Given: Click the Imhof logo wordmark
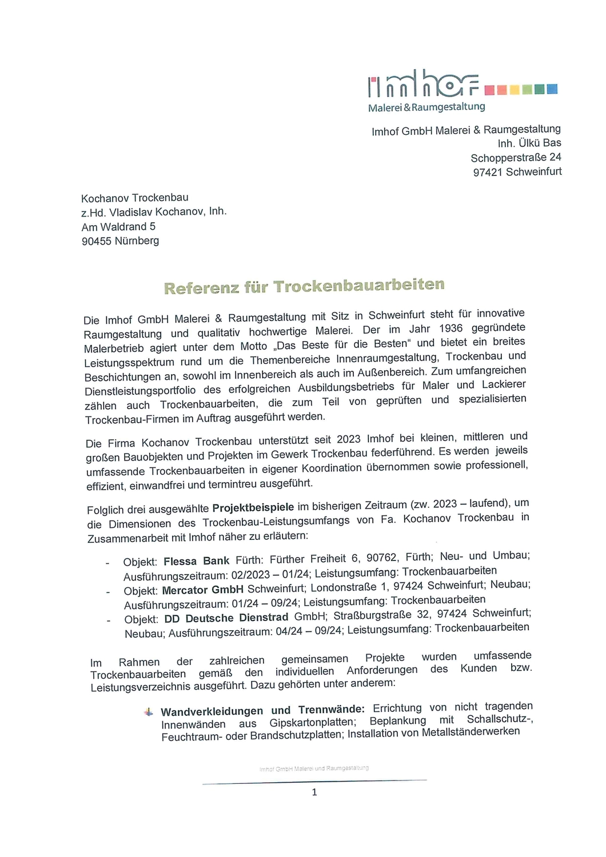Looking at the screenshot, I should tap(423, 85).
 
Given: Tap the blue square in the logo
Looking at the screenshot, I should tap(552, 89).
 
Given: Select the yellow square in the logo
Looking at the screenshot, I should tap(515, 90).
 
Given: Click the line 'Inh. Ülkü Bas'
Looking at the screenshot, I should tap(529, 143).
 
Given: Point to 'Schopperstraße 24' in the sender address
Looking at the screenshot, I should tap(516, 157).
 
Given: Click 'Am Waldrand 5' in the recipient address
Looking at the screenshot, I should tap(118, 227).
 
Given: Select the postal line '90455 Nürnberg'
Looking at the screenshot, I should tap(120, 241).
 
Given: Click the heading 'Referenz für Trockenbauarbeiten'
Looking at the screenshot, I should tap(304, 286).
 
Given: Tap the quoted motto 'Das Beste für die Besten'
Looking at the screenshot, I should tap(342, 345).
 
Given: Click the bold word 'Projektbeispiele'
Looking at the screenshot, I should tap(253, 507).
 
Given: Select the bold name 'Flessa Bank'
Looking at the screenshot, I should tap(196, 561).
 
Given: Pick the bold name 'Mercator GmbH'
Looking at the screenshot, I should tap(202, 590).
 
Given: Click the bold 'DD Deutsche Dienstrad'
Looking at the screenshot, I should tap(226, 618).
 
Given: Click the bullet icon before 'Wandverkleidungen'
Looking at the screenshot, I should tap(149, 712).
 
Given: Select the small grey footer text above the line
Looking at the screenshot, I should tap(314, 768).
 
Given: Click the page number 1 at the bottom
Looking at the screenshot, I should tap(314, 792).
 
